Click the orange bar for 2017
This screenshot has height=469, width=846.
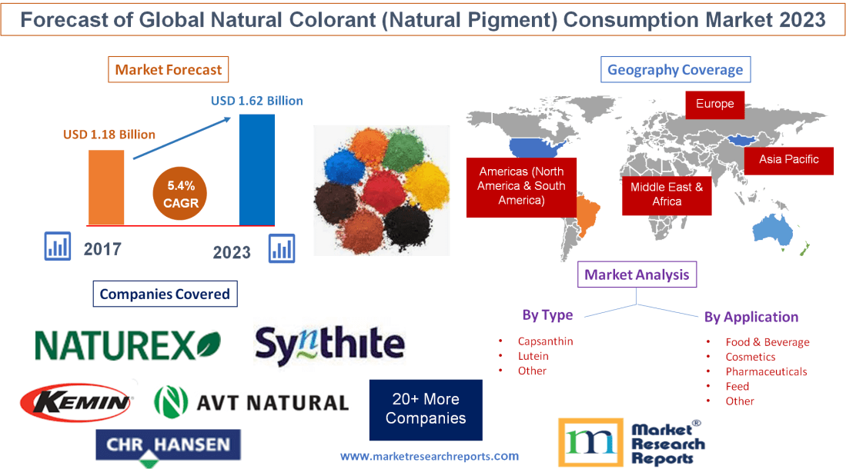click(x=106, y=187)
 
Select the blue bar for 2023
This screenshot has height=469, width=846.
click(x=256, y=169)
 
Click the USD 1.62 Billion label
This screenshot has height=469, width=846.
click(x=257, y=101)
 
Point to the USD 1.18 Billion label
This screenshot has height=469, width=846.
click(x=109, y=135)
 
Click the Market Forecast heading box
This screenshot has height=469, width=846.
click(x=168, y=70)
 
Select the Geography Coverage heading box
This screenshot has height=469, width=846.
click(x=674, y=70)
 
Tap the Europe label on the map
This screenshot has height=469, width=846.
click(x=714, y=104)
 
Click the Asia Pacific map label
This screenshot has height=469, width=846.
click(x=788, y=160)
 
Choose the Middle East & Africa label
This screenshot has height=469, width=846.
click(x=667, y=194)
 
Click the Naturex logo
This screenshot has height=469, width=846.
click(x=128, y=345)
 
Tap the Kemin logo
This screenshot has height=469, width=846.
click(x=77, y=401)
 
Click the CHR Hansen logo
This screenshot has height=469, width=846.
click(x=168, y=446)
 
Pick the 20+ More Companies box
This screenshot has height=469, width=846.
click(x=426, y=409)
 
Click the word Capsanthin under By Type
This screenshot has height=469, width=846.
click(x=545, y=341)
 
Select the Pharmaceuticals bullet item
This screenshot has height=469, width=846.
click(x=766, y=371)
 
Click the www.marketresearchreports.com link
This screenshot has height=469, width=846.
click(x=430, y=456)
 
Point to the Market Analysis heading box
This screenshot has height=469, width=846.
click(x=637, y=274)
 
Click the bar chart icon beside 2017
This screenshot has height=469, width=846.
click(x=58, y=246)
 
